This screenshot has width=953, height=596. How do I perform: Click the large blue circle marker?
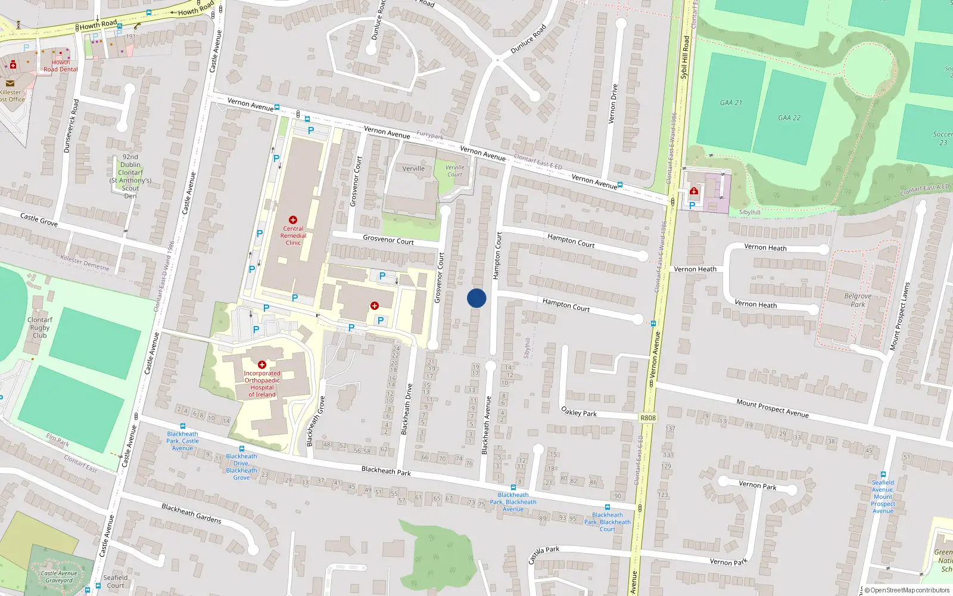tap(476, 298)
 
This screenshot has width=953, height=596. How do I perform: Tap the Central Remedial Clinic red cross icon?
tap(292, 220)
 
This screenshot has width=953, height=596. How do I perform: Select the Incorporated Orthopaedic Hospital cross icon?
tap(261, 364)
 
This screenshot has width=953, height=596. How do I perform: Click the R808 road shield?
tap(648, 418)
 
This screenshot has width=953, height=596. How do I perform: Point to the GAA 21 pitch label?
tap(731, 103)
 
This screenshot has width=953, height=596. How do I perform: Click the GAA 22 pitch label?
tap(789, 117)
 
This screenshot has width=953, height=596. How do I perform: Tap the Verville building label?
tap(413, 169)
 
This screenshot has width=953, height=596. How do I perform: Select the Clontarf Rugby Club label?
tap(40, 327)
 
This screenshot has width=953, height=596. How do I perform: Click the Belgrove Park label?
tap(858, 300)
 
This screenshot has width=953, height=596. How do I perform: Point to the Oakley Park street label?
tap(579, 411)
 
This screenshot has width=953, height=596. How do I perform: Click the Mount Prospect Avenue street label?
tap(773, 408)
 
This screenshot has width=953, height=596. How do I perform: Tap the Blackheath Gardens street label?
tap(191, 513)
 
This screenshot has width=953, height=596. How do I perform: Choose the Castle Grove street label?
tap(39, 219)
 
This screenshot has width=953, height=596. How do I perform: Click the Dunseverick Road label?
tap(71, 126)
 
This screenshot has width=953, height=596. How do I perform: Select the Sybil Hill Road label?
tap(684, 57)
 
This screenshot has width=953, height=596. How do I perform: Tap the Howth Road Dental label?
tap(60, 66)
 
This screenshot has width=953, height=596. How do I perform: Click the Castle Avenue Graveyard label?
tap(59, 576)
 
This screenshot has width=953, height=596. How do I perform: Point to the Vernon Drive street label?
tap(613, 104)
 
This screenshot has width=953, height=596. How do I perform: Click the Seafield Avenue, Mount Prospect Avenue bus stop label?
tap(883, 496)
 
